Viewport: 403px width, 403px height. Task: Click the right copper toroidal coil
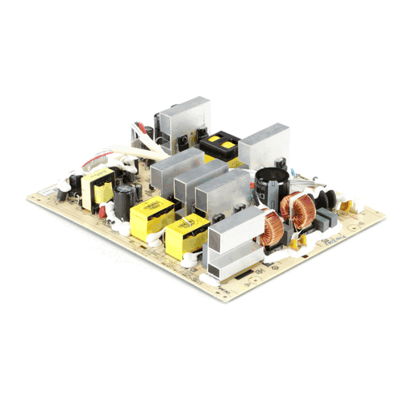297,208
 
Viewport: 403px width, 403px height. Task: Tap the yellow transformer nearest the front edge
186,237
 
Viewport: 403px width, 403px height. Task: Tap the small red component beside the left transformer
102,211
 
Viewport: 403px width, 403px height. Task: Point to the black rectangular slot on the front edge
243,276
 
